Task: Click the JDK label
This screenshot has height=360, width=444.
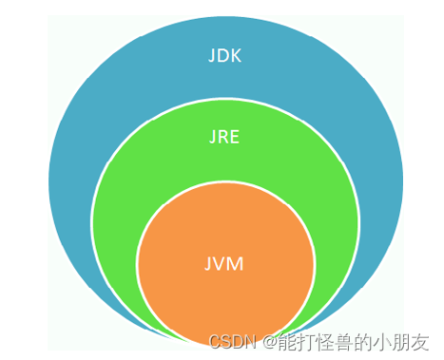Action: point(224,55)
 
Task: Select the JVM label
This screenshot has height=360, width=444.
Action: point(224,263)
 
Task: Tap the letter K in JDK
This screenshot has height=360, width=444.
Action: point(236,55)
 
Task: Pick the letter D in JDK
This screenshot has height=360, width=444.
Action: point(223,55)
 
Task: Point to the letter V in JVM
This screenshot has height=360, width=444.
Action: point(222,263)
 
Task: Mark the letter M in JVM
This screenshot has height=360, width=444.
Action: point(236,263)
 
